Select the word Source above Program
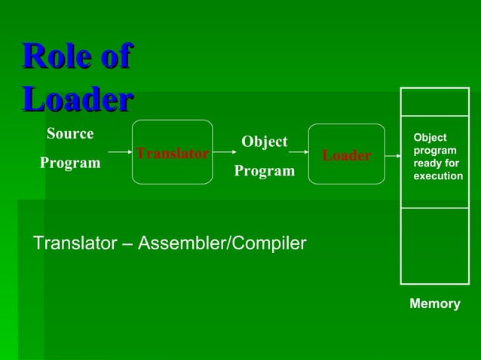[70, 134]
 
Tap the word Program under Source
[70, 163]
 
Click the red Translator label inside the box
[172, 154]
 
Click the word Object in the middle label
[264, 142]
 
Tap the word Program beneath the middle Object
[264, 171]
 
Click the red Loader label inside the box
[346, 155]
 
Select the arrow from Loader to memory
[392, 156]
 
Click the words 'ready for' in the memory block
[436, 163]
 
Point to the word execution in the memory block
[438, 175]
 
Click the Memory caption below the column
[434, 304]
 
